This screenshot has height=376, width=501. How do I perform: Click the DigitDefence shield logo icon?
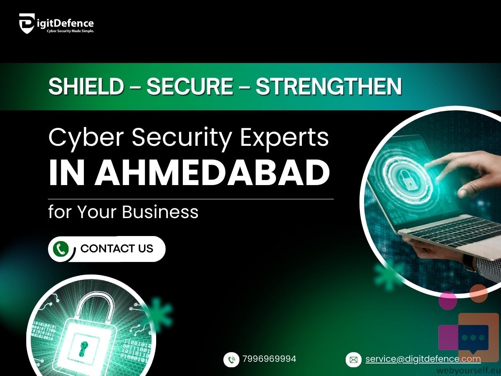coord(27,23)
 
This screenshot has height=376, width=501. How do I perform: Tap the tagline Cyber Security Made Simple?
coord(70,31)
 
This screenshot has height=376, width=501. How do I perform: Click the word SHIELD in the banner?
coord(86,86)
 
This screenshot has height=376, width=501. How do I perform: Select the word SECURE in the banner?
coord(190,86)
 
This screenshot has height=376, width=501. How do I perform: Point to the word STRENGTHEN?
coord(329,86)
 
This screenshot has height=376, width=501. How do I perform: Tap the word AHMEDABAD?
coord(213,173)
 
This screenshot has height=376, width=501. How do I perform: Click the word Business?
coord(160,212)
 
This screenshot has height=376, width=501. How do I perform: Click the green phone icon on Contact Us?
coord(61,249)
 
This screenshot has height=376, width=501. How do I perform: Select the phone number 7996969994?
coord(269,358)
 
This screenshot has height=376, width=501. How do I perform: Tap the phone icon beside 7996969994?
coord(231,360)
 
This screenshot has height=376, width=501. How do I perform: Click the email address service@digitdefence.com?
coord(423,359)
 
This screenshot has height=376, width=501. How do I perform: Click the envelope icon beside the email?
coord(354,360)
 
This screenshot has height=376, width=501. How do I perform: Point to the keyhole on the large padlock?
coord(83,348)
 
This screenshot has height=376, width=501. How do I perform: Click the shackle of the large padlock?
coord(95,308)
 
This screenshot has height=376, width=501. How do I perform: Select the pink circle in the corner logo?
coord(448,300)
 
